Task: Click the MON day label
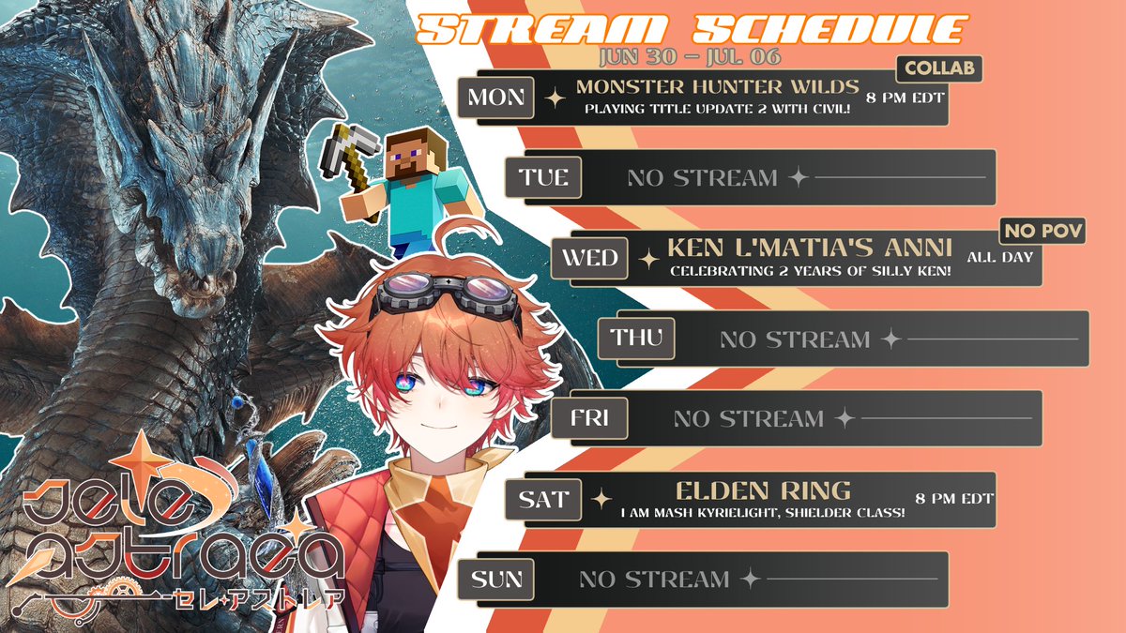point(496,98)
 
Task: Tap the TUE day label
point(543,177)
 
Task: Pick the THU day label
point(636,338)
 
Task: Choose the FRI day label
point(590,418)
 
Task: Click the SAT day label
point(543,499)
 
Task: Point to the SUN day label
point(496,580)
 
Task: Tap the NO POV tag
point(1043,230)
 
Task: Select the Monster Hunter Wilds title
point(718,87)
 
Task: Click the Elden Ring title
point(750,490)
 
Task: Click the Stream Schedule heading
point(690,28)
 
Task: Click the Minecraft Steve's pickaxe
point(354,151)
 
